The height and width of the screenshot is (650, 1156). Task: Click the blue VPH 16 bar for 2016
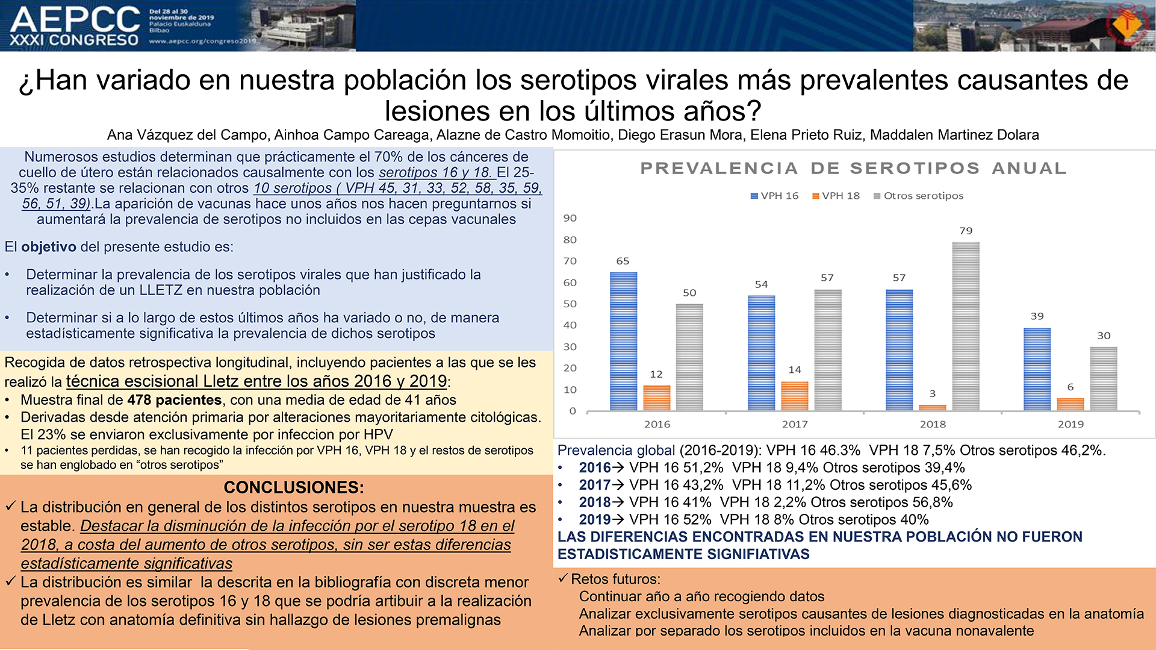tap(623, 342)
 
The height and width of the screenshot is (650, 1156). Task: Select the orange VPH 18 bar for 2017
tap(795, 396)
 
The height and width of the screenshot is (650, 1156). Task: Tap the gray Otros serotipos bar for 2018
tap(966, 327)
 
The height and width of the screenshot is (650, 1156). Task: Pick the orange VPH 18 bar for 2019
tap(1071, 404)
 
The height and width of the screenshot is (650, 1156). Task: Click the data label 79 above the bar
tap(966, 231)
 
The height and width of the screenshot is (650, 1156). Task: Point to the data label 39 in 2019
tap(1037, 316)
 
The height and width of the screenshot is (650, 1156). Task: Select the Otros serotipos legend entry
tap(918, 196)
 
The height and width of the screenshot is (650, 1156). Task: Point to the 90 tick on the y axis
tap(570, 218)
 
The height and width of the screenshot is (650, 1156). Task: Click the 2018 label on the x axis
tap(933, 424)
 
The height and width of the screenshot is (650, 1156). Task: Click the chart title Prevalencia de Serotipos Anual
tap(853, 168)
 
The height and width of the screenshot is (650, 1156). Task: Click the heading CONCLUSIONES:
tap(294, 487)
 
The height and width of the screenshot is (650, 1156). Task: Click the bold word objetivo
tap(49, 247)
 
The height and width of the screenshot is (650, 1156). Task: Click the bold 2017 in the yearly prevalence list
tap(595, 485)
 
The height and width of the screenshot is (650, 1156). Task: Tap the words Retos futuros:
tap(615, 580)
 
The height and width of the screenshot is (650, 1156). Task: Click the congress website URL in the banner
tap(203, 41)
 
